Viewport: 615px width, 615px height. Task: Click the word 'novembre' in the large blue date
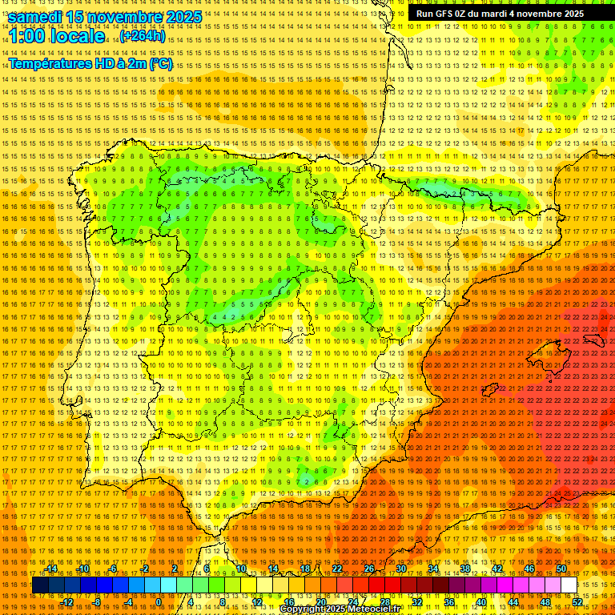point(128,17)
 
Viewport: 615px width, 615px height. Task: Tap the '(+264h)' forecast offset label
point(142,36)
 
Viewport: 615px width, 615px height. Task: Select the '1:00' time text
point(29,36)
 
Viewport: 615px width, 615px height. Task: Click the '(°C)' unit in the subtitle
point(160,63)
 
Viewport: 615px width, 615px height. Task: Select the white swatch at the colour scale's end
point(569,585)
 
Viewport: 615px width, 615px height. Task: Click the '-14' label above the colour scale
point(52,569)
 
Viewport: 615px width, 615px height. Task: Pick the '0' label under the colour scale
point(159,602)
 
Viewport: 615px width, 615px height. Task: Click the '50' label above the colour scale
point(561,569)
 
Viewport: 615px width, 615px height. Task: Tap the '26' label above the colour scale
point(369,569)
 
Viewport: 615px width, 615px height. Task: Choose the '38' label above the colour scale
point(465,569)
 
